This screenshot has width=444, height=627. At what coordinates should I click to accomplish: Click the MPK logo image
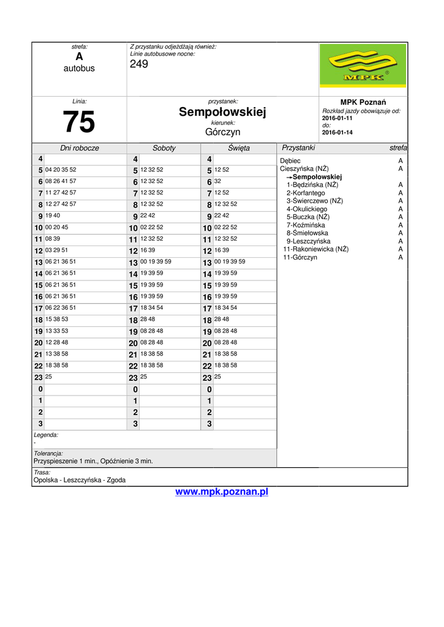[363, 69]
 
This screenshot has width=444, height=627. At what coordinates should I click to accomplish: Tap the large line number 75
[79, 122]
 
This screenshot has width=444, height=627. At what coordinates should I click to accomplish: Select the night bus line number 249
[139, 64]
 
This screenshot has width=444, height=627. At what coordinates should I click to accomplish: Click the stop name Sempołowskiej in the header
[222, 112]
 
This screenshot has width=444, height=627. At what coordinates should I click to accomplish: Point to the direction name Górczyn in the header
[222, 132]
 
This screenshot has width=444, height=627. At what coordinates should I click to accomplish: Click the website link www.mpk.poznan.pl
[222, 492]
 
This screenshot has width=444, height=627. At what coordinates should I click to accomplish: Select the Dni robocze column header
[79, 148]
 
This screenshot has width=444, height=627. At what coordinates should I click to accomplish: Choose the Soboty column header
[164, 148]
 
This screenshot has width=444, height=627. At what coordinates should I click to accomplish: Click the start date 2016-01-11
[337, 118]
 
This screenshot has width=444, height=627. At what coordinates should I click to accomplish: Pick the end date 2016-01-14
[337, 132]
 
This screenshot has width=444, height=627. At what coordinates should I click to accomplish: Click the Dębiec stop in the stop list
[290, 161]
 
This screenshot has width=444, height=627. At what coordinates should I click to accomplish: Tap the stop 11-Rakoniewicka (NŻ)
[315, 249]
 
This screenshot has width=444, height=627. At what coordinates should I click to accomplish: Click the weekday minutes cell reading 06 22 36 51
[61, 307]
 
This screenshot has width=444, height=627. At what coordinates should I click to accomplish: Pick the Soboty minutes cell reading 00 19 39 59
[156, 261]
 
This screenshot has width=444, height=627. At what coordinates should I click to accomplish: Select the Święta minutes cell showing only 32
[218, 181]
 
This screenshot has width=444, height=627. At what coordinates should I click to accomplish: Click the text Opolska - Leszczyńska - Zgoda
[79, 480]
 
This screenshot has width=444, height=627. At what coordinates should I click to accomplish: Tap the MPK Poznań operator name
[363, 102]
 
